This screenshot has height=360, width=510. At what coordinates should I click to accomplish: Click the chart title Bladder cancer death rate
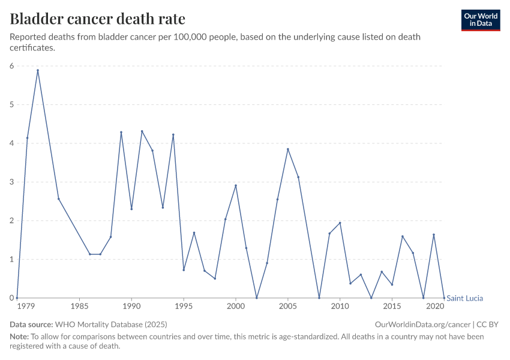[x=97, y=19]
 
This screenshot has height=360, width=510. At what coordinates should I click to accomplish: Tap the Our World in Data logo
[x=480, y=20]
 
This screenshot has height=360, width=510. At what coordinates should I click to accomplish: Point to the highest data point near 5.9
[x=38, y=70]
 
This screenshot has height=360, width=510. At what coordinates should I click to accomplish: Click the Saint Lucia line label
[x=465, y=298]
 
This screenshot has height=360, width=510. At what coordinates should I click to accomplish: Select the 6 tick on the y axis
[x=11, y=66]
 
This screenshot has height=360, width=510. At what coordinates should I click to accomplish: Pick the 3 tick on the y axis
[x=11, y=182]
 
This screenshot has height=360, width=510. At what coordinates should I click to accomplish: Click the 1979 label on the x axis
[x=25, y=306]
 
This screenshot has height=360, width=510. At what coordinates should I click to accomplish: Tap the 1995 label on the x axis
[x=184, y=306]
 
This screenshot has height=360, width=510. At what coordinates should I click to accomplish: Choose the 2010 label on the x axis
[x=340, y=306]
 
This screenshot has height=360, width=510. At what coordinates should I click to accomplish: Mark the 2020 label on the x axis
[x=434, y=306]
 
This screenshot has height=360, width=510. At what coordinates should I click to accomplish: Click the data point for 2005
[x=288, y=149]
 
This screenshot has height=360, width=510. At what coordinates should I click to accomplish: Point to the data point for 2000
[x=236, y=185]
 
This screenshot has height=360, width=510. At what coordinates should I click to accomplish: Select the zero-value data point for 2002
[x=257, y=298]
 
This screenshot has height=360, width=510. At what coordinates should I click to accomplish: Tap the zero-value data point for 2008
[x=319, y=298]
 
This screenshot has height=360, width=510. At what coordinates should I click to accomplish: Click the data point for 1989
[x=121, y=132]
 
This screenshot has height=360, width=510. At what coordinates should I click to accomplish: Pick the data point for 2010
[x=340, y=223]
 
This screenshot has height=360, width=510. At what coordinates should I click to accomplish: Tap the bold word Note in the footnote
[x=19, y=337]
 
